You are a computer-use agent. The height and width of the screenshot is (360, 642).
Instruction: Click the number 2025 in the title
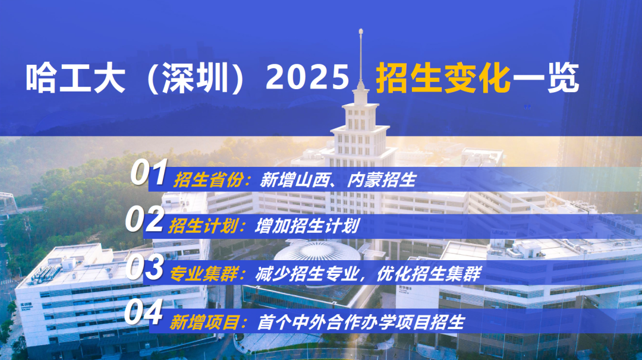[x=307, y=78]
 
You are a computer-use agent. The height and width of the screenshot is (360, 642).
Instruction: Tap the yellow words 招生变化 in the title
[x=443, y=78]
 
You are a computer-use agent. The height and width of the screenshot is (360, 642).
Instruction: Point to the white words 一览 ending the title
[x=546, y=78]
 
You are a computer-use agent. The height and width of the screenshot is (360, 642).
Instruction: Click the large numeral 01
[x=149, y=173]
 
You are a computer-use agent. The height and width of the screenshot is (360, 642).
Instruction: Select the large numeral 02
[x=144, y=220]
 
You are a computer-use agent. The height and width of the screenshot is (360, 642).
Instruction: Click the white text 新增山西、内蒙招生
[x=338, y=180]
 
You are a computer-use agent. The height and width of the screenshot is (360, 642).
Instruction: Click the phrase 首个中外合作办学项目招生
[x=360, y=322]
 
